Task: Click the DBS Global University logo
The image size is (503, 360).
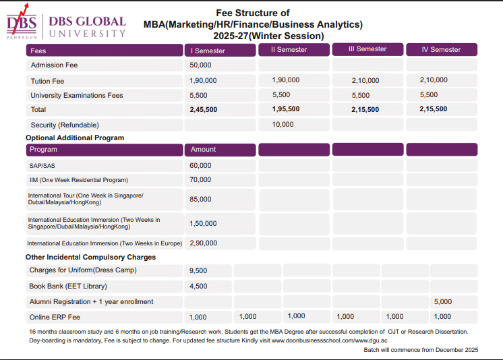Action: pyautogui.click(x=65, y=26)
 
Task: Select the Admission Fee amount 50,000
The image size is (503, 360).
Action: pyautogui.click(x=201, y=65)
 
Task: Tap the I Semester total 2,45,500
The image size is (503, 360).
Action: pyautogui.click(x=204, y=109)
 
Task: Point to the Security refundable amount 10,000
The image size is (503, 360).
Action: pyautogui.click(x=283, y=124)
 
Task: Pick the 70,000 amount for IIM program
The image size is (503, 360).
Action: pyautogui.click(x=200, y=180)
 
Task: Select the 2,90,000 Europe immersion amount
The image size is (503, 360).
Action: pyautogui.click(x=204, y=243)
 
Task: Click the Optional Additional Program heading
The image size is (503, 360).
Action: pyautogui.click(x=75, y=138)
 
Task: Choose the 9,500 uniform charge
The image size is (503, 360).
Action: pyautogui.click(x=198, y=270)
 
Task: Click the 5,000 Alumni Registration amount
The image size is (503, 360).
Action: pyautogui.click(x=443, y=301)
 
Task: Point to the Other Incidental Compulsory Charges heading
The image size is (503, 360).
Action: pyautogui.click(x=90, y=257)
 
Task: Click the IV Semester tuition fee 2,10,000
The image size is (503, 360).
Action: pyautogui.click(x=434, y=80)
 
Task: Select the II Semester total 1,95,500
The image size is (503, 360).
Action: pyautogui.click(x=286, y=109)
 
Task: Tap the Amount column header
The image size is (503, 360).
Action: pyautogui.click(x=203, y=149)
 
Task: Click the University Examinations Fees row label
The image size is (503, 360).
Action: pyautogui.click(x=77, y=95)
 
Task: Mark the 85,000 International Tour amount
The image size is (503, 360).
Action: pyautogui.click(x=200, y=200)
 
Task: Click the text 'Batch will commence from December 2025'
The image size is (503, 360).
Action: pyautogui.click(x=421, y=350)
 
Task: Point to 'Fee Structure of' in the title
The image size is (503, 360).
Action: pyautogui.click(x=253, y=13)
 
